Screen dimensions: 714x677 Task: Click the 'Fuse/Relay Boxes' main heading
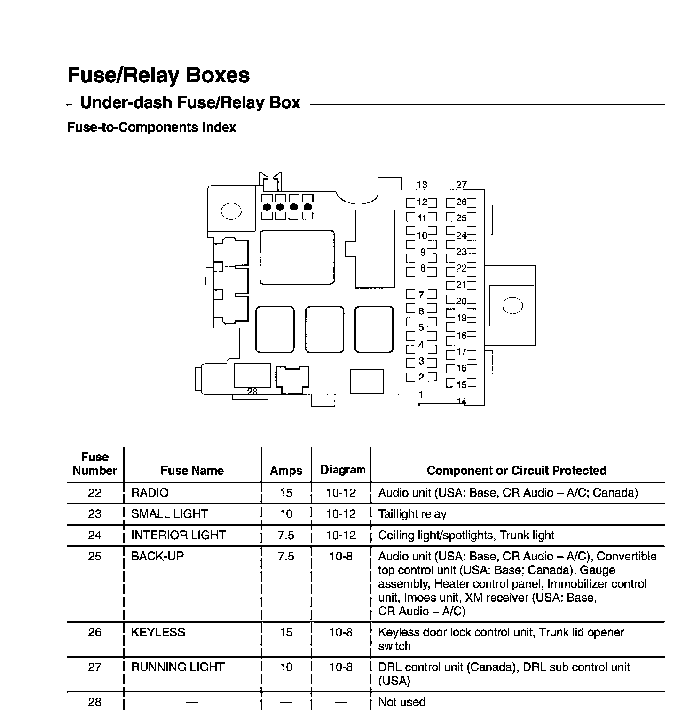tap(158, 75)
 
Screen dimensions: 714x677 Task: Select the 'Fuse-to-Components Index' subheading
tap(151, 127)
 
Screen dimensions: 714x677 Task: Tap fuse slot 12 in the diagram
tap(422, 202)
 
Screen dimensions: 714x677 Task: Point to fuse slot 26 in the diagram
tap(461, 202)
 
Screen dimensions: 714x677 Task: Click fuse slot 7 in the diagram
tap(421, 295)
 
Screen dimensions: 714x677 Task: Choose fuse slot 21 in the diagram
tap(461, 285)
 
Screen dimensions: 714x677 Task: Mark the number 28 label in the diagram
tap(252, 392)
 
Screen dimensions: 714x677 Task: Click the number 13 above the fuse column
tap(422, 185)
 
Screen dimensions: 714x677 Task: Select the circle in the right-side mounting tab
tap(512, 306)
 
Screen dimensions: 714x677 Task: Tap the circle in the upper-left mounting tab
tap(231, 211)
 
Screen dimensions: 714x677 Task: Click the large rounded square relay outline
tap(297, 257)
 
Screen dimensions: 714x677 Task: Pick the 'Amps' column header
tap(286, 471)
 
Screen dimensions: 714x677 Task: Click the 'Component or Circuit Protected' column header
tap(516, 471)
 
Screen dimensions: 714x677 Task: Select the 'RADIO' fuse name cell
tap(150, 493)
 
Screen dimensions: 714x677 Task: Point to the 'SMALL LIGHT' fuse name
tap(169, 514)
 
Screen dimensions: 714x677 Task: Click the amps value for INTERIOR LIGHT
tap(286, 535)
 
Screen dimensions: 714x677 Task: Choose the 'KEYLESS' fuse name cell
tap(158, 632)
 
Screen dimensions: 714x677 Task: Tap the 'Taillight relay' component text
tap(412, 514)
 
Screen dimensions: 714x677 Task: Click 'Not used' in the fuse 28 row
tap(401, 702)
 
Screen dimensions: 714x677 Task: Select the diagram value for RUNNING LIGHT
tap(341, 667)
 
